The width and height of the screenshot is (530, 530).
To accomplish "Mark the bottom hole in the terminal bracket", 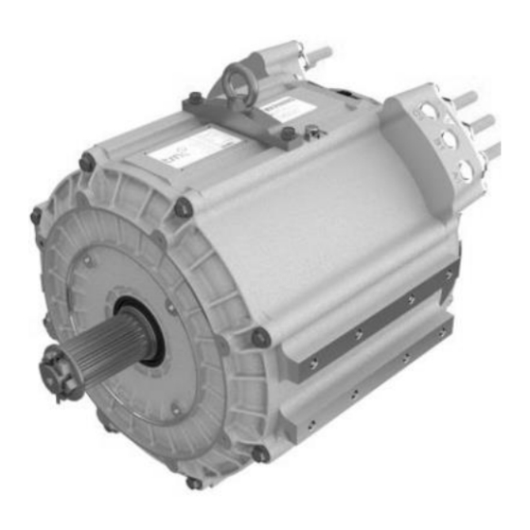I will point(464,171).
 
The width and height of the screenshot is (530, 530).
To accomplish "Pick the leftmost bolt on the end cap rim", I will point(36,217).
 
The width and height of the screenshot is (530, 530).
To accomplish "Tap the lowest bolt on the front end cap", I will point(194,483).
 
